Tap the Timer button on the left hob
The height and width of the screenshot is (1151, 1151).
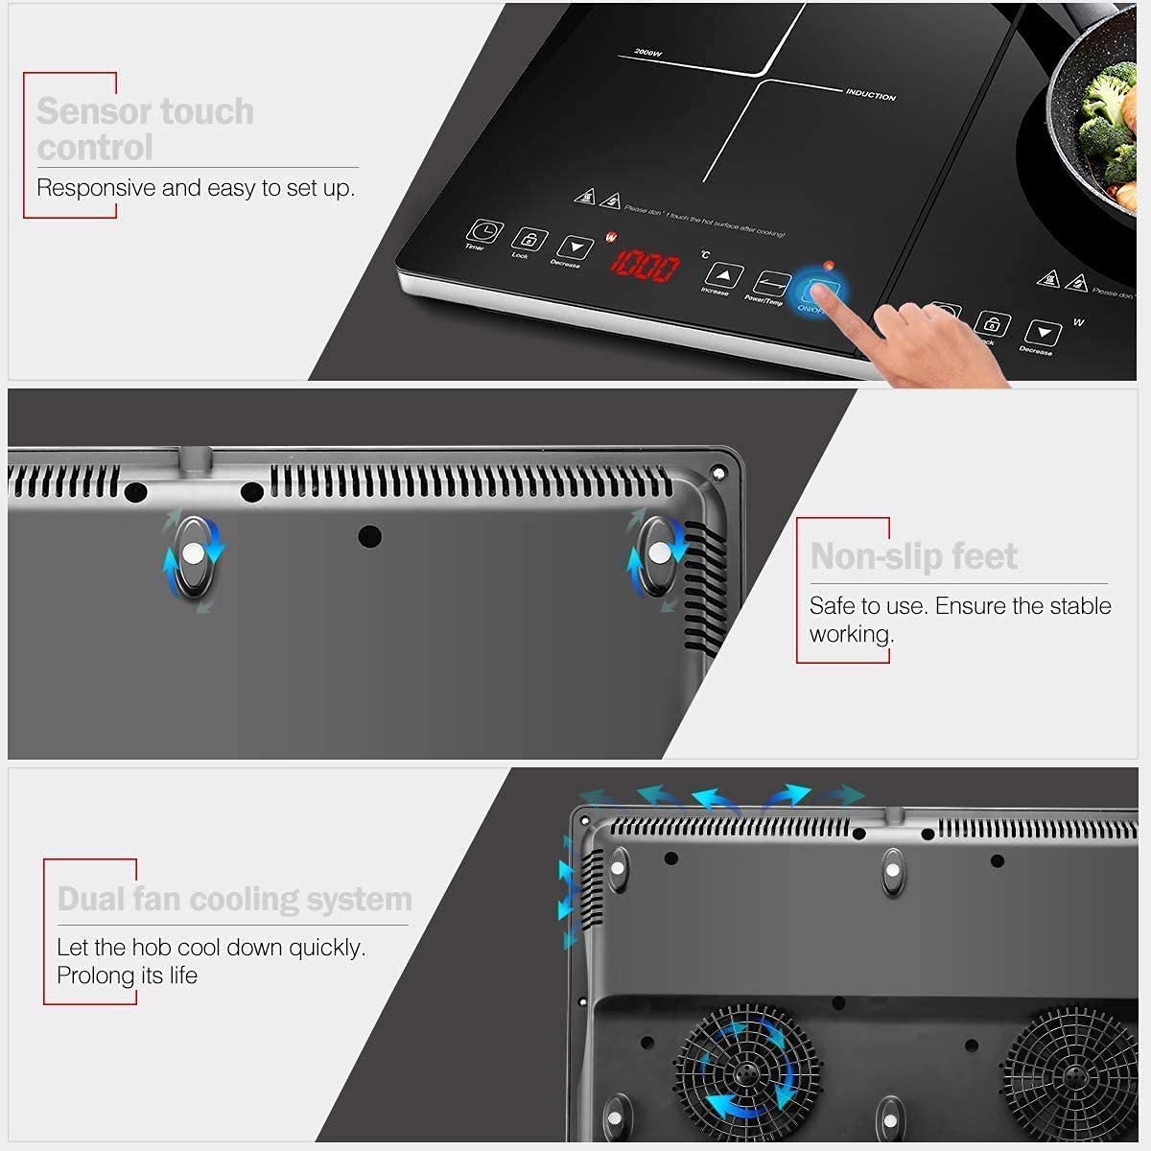point(485,232)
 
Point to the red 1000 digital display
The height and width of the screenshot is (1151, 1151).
point(646,266)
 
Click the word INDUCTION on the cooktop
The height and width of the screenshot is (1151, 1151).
point(870,95)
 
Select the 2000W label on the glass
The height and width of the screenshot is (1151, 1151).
point(648,52)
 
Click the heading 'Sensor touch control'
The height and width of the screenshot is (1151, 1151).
point(145,129)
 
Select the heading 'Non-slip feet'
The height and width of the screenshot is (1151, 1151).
point(913,556)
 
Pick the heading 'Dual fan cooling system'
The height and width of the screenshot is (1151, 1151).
point(234,899)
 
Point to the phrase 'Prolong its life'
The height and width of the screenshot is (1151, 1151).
point(127,975)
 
